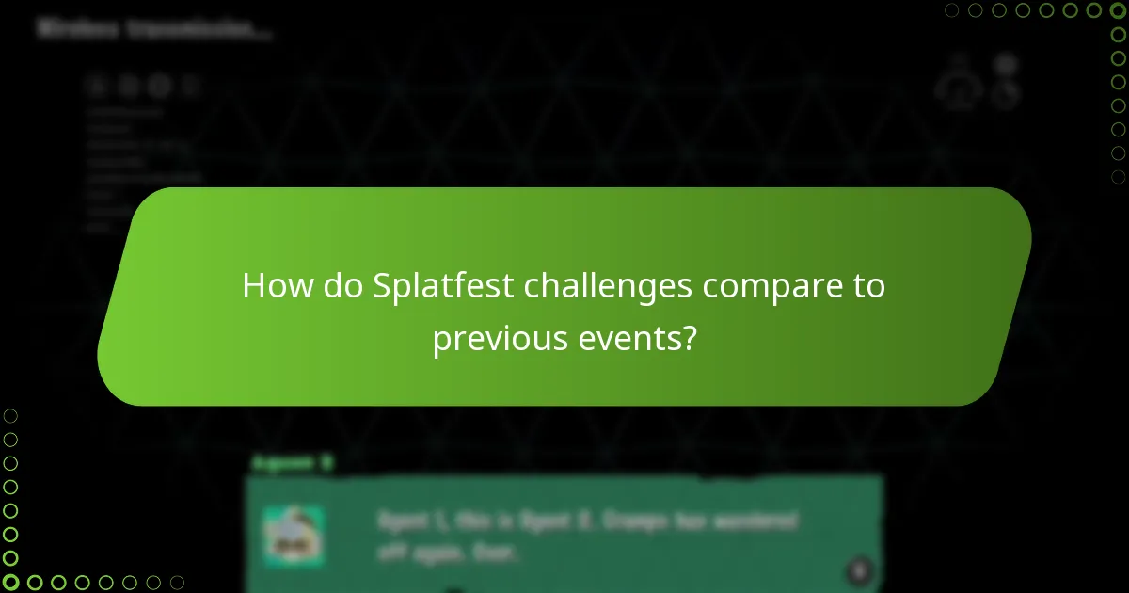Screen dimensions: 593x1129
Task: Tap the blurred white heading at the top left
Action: click(155, 29)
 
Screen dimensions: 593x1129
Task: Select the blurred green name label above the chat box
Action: click(292, 462)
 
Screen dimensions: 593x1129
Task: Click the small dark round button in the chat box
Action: click(858, 569)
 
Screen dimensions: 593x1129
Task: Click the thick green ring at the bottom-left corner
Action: click(10, 583)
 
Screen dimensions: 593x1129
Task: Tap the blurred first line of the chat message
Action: click(588, 521)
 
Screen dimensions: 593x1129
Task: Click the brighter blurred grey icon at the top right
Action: click(1007, 64)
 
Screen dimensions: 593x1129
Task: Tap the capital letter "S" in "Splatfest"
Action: click(382, 286)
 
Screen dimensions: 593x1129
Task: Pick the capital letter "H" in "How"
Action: click(252, 286)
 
